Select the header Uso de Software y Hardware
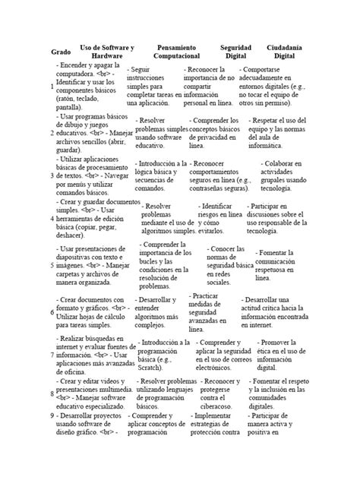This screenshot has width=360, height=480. coord(106,52)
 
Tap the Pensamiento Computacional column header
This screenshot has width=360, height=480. coord(175,52)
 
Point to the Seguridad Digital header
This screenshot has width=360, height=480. coord(235,52)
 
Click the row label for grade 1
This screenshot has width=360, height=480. coord(52,88)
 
